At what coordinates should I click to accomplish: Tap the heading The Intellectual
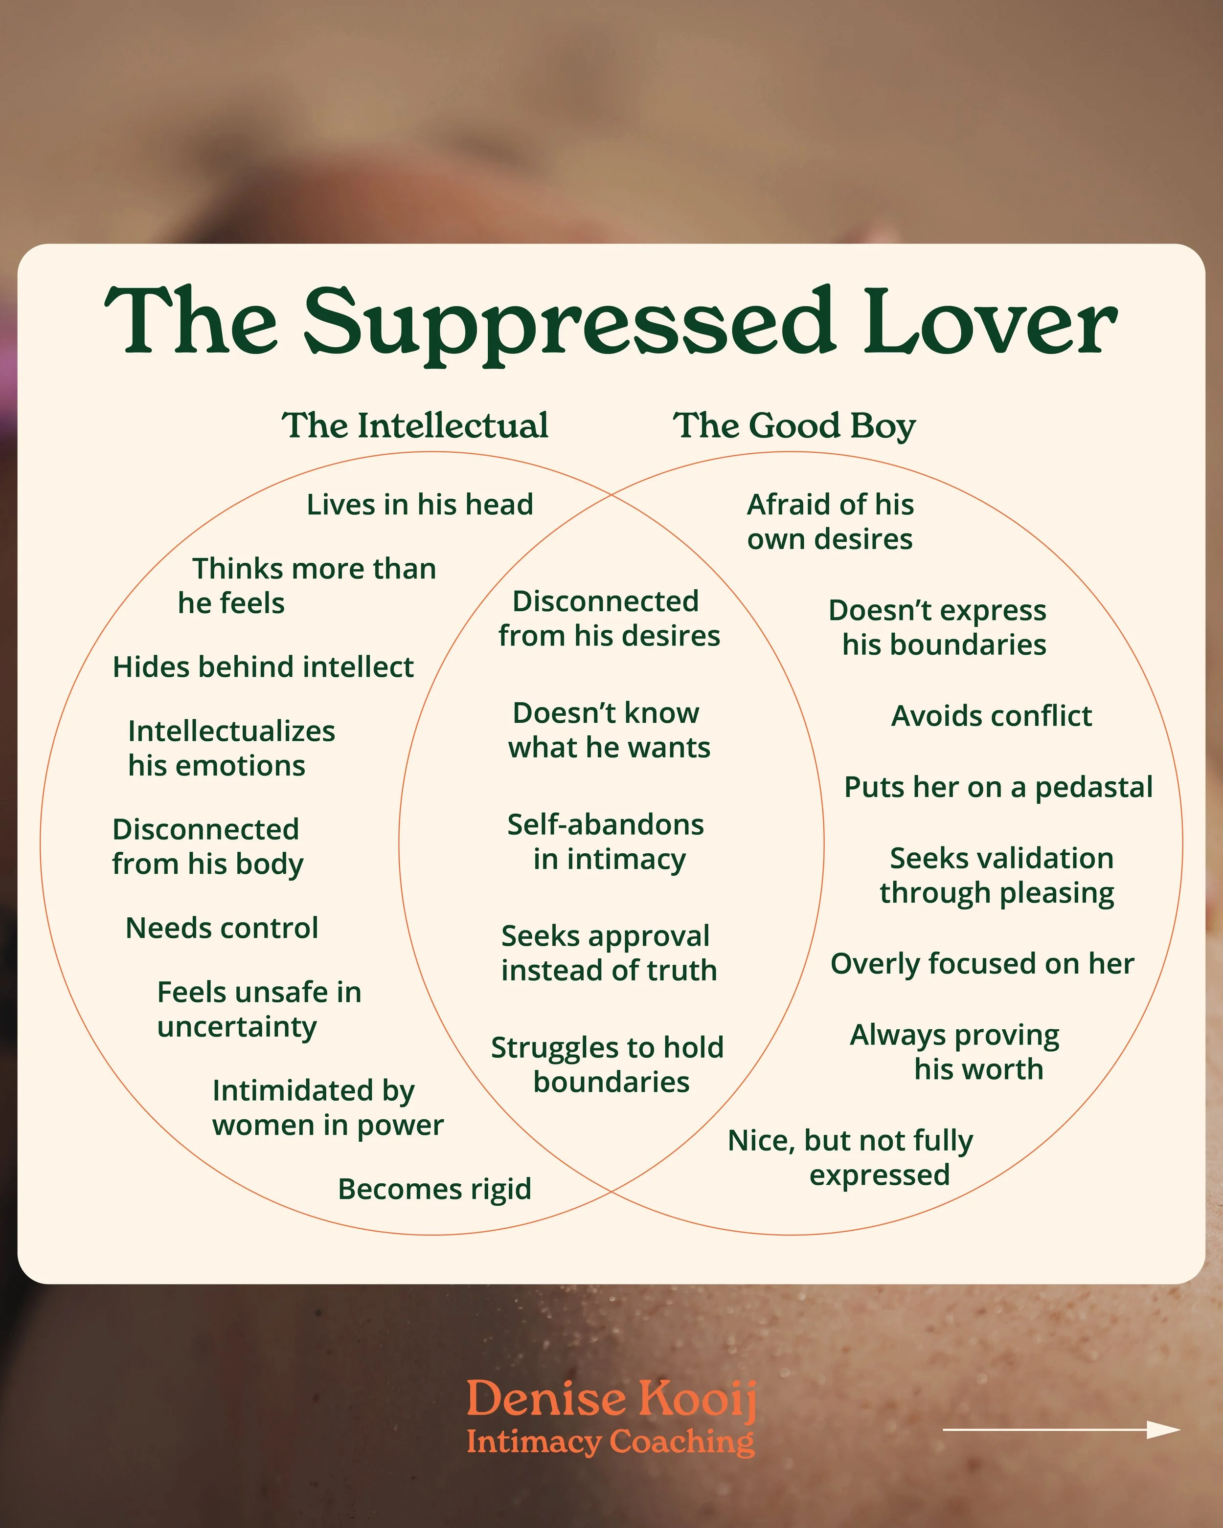click(415, 426)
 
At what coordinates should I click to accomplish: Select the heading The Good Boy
click(794, 426)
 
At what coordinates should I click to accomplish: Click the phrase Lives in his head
click(420, 505)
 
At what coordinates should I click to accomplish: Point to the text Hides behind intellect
click(263, 667)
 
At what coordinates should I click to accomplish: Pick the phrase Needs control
click(222, 928)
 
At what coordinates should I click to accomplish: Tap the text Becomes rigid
click(434, 1189)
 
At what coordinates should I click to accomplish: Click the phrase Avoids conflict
click(991, 716)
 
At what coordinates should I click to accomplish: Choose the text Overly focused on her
click(982, 964)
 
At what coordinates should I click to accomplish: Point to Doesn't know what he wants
click(608, 730)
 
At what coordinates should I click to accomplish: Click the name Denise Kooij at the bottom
click(611, 1399)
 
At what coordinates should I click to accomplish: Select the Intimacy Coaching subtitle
click(611, 1441)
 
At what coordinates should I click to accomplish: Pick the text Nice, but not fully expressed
click(851, 1157)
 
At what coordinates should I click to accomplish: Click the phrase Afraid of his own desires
click(830, 522)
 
